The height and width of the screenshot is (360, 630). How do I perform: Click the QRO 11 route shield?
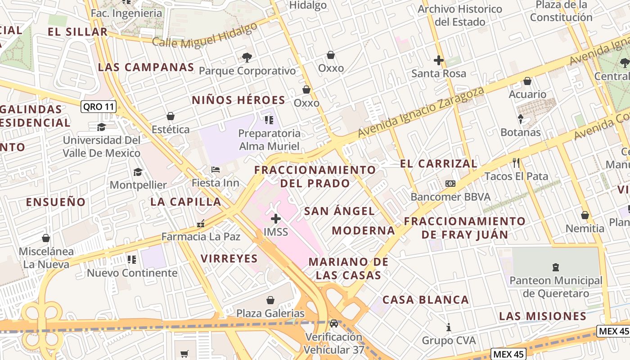coord(99,107)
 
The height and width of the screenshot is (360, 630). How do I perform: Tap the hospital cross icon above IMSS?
coord(276,219)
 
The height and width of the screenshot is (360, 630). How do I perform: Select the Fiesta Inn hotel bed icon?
coord(216,170)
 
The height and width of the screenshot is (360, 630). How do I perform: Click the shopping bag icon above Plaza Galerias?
coord(270,300)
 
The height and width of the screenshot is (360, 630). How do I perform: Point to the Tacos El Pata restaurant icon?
coord(516,162)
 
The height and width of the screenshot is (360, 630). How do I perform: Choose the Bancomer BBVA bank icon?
coord(450,183)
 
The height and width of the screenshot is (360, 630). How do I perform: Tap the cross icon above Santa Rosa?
coord(438,60)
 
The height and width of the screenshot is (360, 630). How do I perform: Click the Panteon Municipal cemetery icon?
coord(556,267)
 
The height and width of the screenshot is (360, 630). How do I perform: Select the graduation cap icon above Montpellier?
coord(138,172)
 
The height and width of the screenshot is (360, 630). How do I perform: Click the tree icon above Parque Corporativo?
coord(247,57)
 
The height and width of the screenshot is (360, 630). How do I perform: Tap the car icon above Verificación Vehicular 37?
coord(333,323)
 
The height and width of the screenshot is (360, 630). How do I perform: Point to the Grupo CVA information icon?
coord(448,327)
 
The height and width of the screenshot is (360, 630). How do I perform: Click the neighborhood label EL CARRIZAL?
coord(438,163)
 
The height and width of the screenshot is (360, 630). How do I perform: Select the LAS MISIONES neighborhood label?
coord(543,315)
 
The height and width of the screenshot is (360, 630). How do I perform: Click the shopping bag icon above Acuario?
coord(527,81)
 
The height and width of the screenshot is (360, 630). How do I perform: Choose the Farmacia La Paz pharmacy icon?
coord(201,223)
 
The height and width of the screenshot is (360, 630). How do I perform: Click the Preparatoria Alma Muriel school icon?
coord(269,120)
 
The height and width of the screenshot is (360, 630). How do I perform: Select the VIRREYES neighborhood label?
coord(229,258)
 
